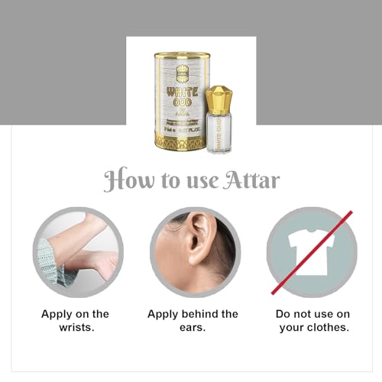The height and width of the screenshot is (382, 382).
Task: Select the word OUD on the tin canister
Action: pos(181,102)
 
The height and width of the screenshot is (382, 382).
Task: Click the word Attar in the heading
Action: pos(254,180)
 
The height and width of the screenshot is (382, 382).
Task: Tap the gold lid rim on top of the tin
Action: pos(181,57)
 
